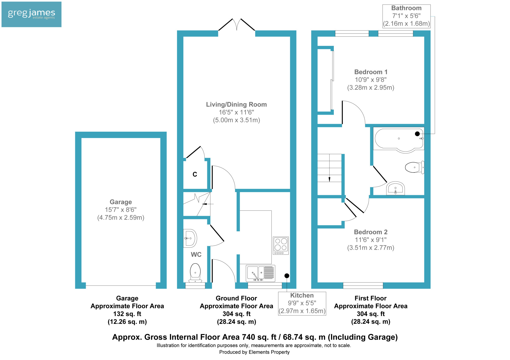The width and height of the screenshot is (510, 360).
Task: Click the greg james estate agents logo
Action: point(31,14)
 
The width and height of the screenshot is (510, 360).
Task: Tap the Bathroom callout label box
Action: point(406,16)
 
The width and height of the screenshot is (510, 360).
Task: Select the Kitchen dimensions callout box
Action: point(302,303)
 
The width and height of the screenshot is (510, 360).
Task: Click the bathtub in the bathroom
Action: point(399,140)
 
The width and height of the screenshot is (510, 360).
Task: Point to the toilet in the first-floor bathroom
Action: point(415,167)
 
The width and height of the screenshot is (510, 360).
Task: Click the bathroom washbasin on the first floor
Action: point(396,188)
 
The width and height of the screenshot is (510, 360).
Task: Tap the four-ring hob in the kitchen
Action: point(281,246)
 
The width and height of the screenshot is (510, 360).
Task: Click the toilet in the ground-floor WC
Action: point(195,273)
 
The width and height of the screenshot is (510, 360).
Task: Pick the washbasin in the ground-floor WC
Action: point(190,238)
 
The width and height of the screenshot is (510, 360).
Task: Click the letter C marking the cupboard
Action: point(195,174)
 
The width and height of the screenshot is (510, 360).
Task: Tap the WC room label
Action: point(196,255)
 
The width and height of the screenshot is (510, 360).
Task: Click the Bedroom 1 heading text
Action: point(371,72)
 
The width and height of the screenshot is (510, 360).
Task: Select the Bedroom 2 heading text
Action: point(371,232)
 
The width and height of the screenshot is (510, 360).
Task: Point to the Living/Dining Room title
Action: point(236,104)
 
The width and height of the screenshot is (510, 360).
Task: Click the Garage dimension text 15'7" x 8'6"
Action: point(121,210)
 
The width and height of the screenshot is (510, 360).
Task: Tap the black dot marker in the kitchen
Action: point(287,276)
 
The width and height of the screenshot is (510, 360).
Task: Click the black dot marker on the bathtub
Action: point(417,134)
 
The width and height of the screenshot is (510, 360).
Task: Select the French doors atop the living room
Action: point(237,25)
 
